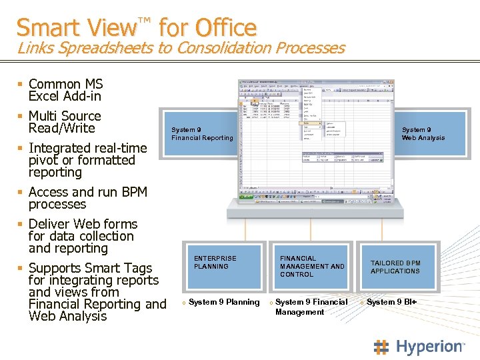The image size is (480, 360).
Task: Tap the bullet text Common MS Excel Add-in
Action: [x=65, y=90]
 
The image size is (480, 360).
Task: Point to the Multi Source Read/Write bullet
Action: [x=65, y=122]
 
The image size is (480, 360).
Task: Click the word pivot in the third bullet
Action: [x=43, y=160]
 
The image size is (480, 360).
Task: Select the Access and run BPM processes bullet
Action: [x=87, y=198]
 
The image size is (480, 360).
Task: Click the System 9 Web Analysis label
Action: [x=423, y=134]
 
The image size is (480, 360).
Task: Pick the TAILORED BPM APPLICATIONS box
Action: [x=395, y=267]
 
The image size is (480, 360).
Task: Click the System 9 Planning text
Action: [x=223, y=302]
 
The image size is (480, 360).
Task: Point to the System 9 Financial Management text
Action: [x=311, y=307]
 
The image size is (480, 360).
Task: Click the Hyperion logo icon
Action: [x=381, y=347]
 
